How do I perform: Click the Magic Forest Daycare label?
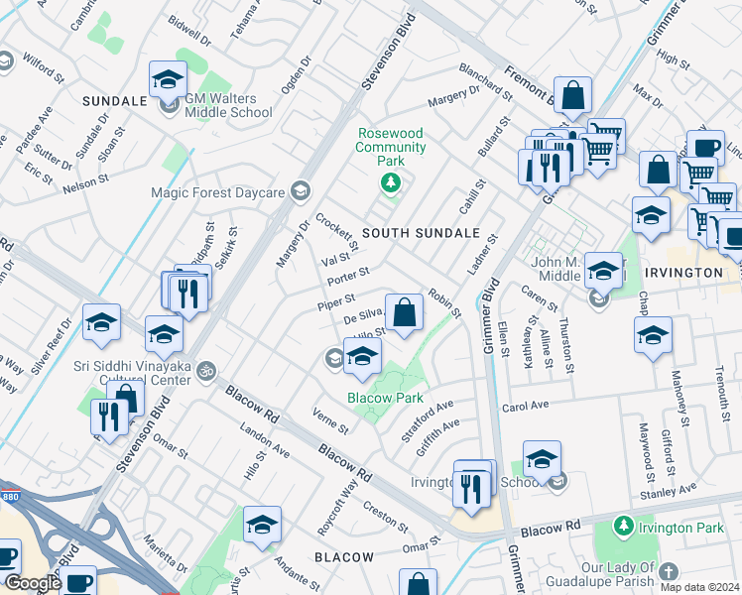point(217,192)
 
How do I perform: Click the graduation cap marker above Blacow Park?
point(362,356)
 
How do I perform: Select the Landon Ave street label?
point(264,441)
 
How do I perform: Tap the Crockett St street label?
point(336,232)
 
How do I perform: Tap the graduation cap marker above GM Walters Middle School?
point(168,79)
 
